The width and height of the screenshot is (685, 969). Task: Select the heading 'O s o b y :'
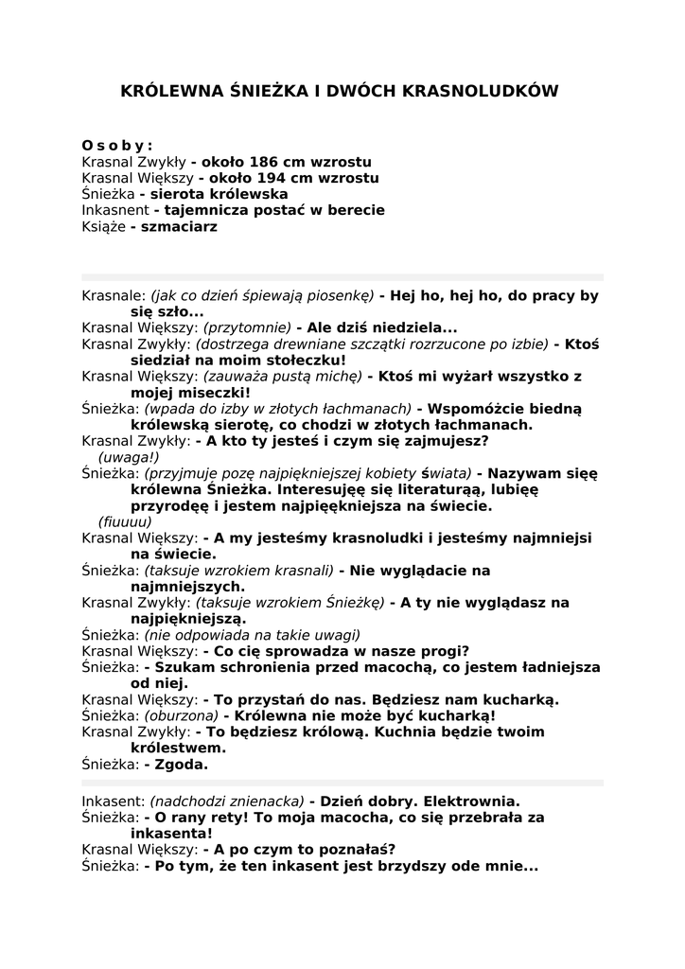pyautogui.click(x=117, y=146)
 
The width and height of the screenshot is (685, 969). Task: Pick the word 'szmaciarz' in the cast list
pyautogui.click(x=180, y=226)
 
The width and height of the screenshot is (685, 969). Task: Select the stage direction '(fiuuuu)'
pyautogui.click(x=125, y=521)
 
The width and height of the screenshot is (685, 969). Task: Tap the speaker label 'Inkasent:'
pyautogui.click(x=114, y=801)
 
